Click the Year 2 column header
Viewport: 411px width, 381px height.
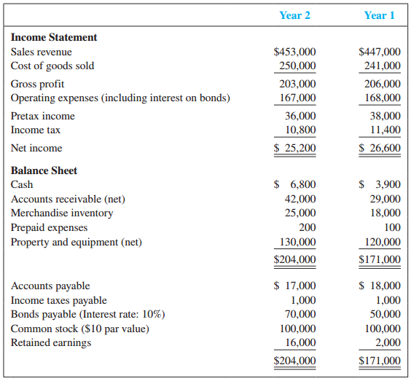pos(294,15)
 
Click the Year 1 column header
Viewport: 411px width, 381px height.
pos(379,15)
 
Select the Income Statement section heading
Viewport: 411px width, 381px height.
pos(54,37)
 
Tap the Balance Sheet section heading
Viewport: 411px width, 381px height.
pos(44,170)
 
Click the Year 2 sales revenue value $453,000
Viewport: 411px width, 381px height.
pos(294,52)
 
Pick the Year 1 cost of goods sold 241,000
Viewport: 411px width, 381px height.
pos(382,66)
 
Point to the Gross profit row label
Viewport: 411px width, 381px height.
pos(37,84)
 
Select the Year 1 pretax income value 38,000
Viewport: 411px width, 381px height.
pos(384,116)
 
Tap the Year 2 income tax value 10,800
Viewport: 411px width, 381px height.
pos(300,130)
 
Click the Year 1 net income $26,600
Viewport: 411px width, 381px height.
pos(380,148)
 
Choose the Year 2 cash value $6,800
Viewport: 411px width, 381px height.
pos(294,185)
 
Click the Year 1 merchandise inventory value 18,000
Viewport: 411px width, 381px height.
pos(384,213)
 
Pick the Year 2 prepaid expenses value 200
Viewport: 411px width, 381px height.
pos(307,227)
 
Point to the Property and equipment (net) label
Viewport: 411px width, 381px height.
pos(77,242)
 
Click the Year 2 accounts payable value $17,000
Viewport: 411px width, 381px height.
pos(294,286)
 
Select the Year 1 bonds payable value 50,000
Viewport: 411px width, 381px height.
pos(384,315)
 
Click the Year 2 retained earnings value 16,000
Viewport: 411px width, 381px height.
pos(300,342)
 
